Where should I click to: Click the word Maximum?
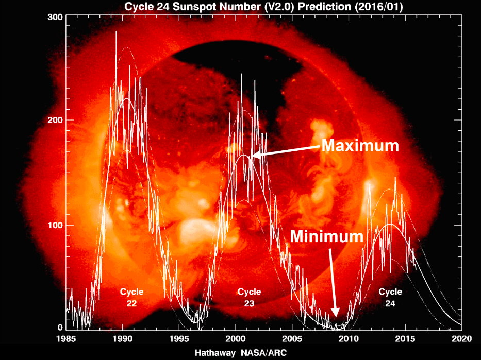point(360,146)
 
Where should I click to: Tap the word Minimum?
point(327,236)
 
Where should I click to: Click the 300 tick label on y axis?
point(55,16)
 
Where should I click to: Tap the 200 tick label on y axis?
point(55,120)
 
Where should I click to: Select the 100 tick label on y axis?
point(55,225)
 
